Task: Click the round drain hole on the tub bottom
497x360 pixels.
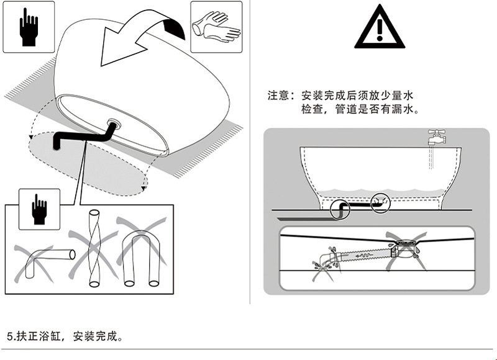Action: (x=114, y=122)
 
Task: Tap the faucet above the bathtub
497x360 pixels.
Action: (x=439, y=136)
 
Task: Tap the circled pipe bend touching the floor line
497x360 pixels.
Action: (x=339, y=209)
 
